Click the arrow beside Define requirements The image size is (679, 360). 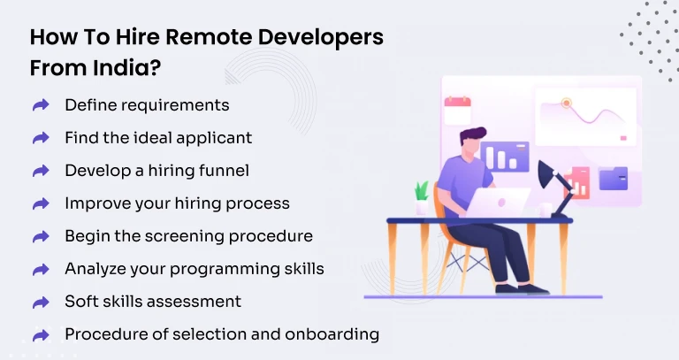coord(41,105)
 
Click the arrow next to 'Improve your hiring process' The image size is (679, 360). coord(41,203)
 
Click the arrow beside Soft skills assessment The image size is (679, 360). coord(41,302)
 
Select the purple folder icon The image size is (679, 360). coord(613,178)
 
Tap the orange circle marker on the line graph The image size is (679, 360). coord(567,103)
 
